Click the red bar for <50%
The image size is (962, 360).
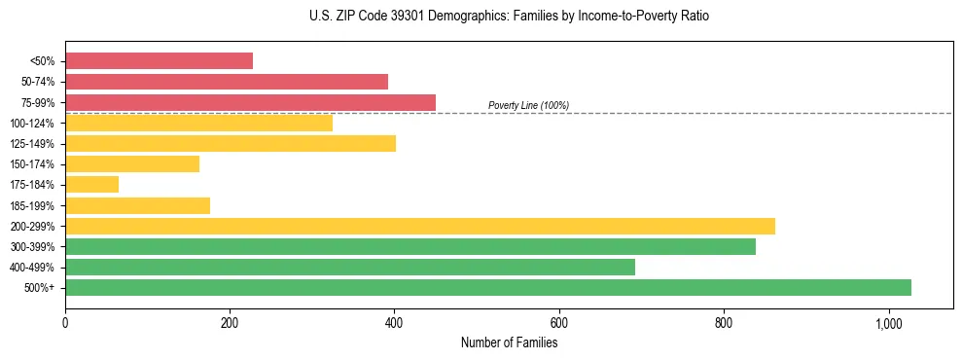159,60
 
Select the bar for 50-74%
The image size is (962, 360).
227,82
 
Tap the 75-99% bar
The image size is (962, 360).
250,102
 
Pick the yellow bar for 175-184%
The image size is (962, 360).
91,185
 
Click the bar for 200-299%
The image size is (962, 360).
420,226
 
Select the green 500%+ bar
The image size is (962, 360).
488,288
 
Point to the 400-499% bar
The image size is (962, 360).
350,267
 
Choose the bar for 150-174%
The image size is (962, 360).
132,164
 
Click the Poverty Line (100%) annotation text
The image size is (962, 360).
528,105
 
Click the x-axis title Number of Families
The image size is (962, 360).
509,342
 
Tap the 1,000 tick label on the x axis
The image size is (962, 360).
888,323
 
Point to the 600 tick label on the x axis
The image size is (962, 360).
559,323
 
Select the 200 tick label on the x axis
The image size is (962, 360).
230,323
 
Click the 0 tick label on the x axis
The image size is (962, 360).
65,323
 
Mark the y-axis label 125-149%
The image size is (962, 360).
32,144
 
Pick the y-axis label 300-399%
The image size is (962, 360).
32,247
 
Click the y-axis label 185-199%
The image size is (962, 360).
32,206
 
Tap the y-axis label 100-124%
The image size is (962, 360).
32,124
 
